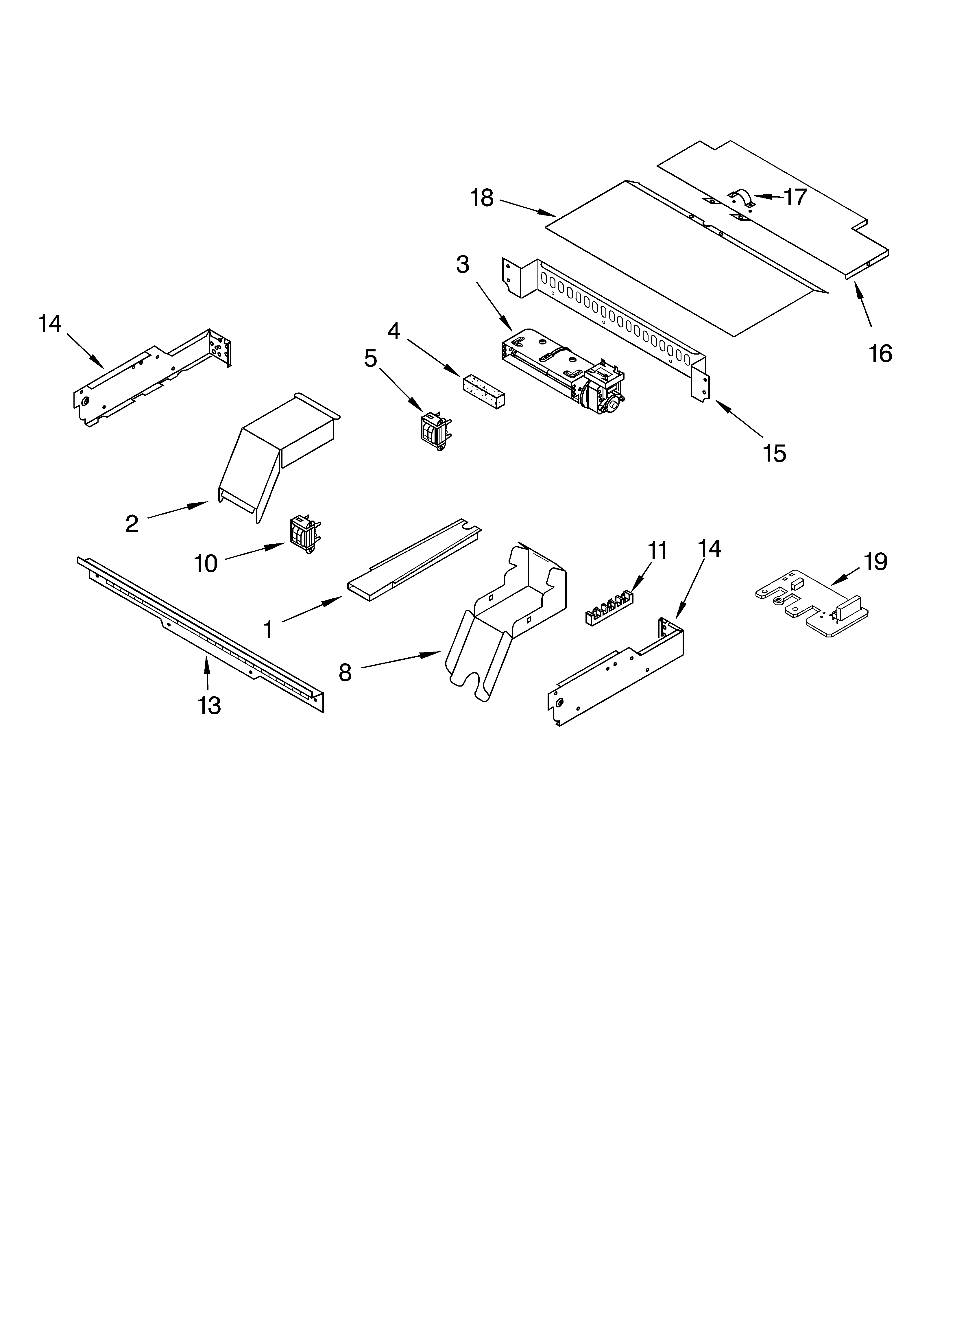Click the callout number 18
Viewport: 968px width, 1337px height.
[x=482, y=199]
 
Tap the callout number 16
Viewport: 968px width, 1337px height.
[x=880, y=354]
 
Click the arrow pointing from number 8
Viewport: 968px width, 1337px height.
[x=401, y=660]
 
